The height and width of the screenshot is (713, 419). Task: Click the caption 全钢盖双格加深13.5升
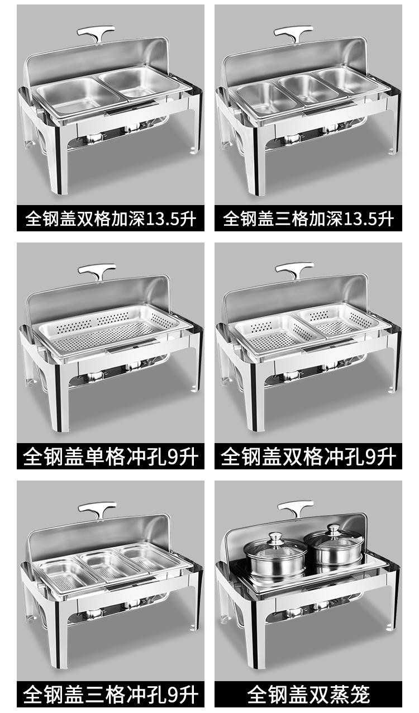111,218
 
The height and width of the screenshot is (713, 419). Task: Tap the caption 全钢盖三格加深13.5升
308,218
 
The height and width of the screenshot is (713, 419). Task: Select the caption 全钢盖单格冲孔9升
111,457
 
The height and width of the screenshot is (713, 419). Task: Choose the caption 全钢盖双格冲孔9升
308,457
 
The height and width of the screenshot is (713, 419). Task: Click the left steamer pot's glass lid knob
274,538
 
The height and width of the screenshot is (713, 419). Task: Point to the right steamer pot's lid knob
334,530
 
